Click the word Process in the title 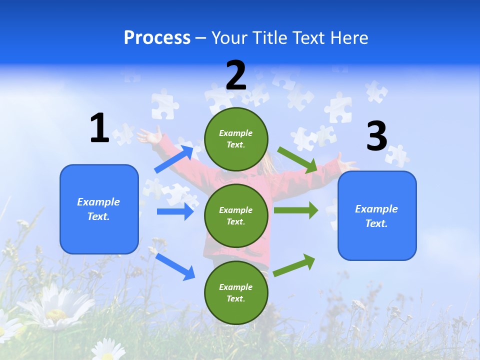(x=157, y=38)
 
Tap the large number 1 (x=99, y=128)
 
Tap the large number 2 (x=236, y=75)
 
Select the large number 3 (x=376, y=136)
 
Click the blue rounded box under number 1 (x=99, y=209)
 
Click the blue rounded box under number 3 (x=377, y=216)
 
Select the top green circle (x=236, y=139)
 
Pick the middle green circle (x=236, y=216)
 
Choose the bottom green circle (x=236, y=293)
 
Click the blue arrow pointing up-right (x=174, y=159)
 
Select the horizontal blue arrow (x=175, y=211)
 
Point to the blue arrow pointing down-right (x=175, y=266)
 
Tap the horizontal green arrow (x=295, y=210)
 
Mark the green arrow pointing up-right (x=294, y=265)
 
